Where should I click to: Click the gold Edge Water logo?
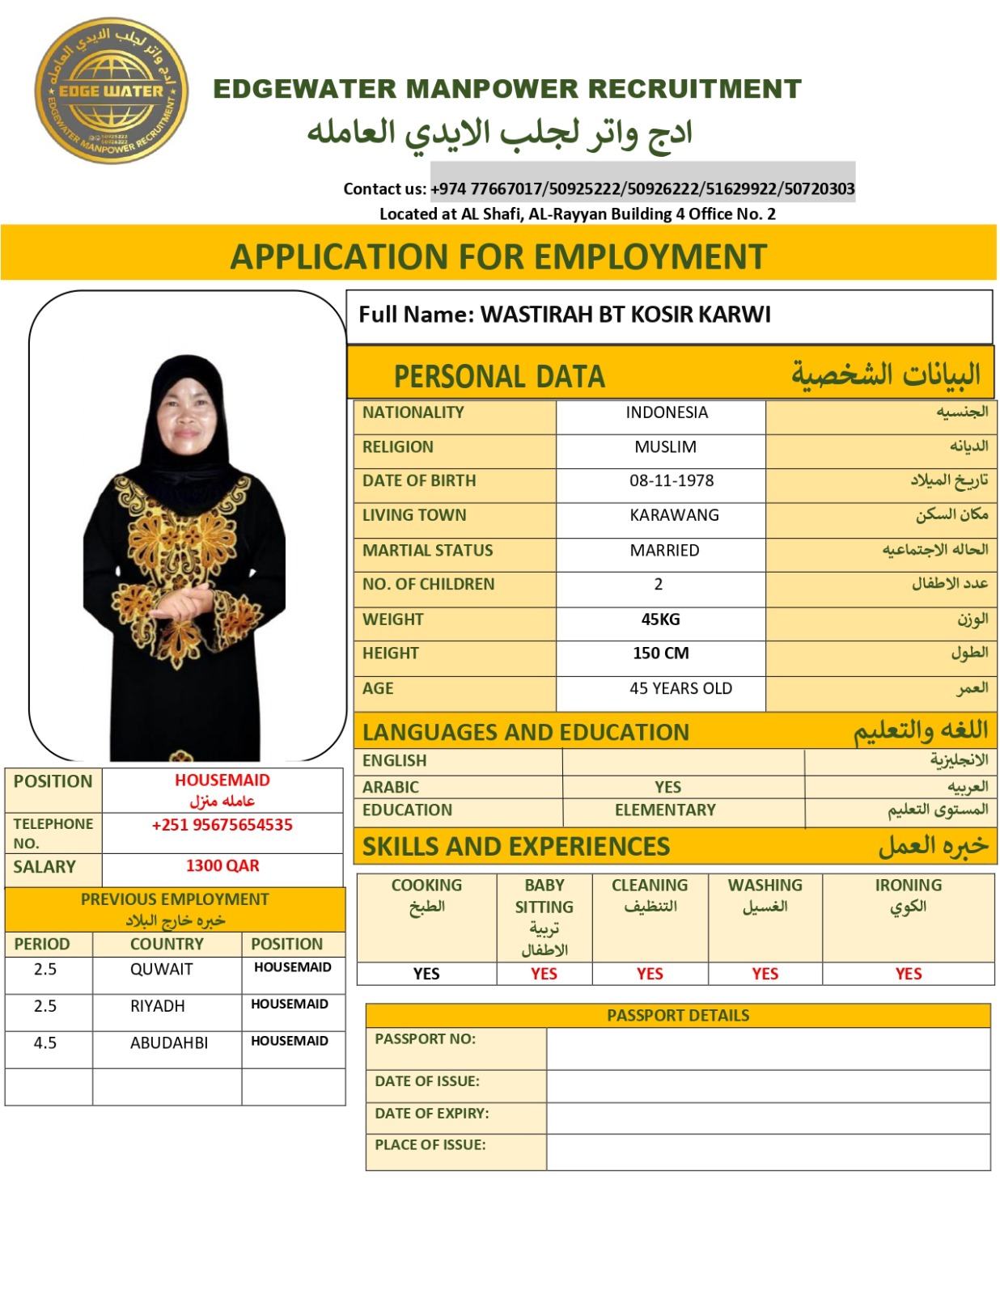(x=111, y=91)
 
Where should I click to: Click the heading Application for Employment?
(x=498, y=256)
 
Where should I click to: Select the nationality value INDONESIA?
(x=666, y=412)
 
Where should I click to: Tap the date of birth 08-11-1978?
(x=672, y=480)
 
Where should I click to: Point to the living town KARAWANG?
(x=674, y=515)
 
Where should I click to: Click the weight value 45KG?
(x=660, y=620)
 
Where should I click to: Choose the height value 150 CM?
(x=660, y=653)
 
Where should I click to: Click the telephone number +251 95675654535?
(x=222, y=825)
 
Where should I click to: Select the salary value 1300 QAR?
(x=222, y=865)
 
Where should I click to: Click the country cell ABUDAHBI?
(x=168, y=1043)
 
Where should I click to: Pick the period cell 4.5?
(x=45, y=1043)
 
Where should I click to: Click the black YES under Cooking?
(x=426, y=974)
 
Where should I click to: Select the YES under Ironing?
(x=908, y=974)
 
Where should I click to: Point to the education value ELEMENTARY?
(x=665, y=810)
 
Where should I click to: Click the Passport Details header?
(x=678, y=1015)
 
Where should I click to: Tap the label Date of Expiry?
(x=432, y=1114)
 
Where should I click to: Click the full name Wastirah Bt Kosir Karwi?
(x=625, y=314)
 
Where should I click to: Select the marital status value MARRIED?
(x=664, y=550)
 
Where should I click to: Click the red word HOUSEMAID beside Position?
(x=222, y=780)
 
